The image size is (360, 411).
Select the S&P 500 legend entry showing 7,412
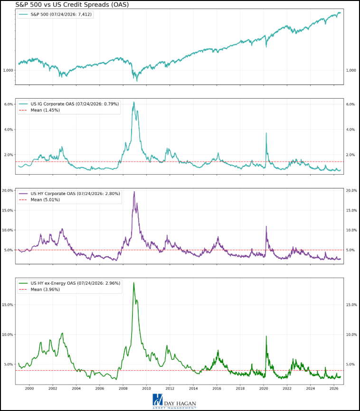(x=55, y=14)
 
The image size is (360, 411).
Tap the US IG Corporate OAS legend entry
(x=69, y=104)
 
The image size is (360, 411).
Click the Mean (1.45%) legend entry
(x=39, y=111)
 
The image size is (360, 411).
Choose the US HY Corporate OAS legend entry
(x=69, y=194)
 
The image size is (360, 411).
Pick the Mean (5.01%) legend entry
(x=39, y=200)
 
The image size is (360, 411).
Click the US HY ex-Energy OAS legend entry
(x=69, y=283)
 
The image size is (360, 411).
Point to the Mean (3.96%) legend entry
(x=39, y=290)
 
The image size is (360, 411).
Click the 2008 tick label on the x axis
(x=123, y=389)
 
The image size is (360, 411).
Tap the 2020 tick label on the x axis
(x=264, y=389)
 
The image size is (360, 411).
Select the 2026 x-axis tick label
(x=334, y=389)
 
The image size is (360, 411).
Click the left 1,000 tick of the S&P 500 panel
(x=8, y=70)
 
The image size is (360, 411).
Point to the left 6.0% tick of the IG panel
(x=9, y=104)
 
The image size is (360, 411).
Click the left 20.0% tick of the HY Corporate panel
(x=8, y=191)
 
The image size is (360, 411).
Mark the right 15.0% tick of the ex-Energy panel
(x=351, y=305)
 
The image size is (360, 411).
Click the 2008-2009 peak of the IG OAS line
(x=134, y=102)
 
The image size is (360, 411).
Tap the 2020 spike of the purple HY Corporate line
(x=266, y=226)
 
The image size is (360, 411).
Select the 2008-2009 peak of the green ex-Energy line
(x=134, y=283)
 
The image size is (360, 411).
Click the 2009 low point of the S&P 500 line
(x=137, y=81)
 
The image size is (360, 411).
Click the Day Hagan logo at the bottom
(x=174, y=402)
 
